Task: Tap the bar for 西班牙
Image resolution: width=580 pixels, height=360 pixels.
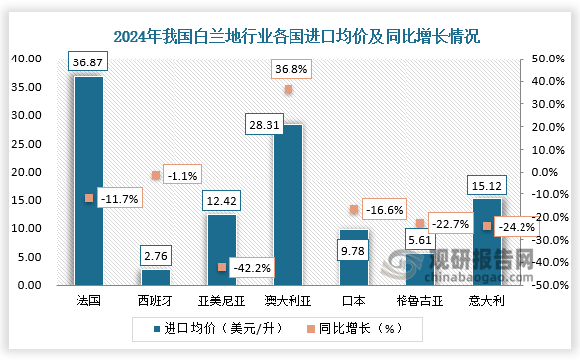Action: coord(155,277)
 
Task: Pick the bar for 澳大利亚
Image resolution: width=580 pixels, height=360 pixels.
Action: coord(288,204)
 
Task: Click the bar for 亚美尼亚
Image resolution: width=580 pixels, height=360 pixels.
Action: coord(221,249)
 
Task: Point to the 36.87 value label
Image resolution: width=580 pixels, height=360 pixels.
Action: coord(88,61)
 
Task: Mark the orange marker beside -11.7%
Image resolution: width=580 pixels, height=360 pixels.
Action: coord(89,198)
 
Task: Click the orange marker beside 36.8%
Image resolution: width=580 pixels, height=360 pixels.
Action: coord(289,89)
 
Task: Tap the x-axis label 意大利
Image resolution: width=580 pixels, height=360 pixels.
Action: coord(487,299)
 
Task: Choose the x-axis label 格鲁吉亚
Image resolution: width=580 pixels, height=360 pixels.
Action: coord(420,299)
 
